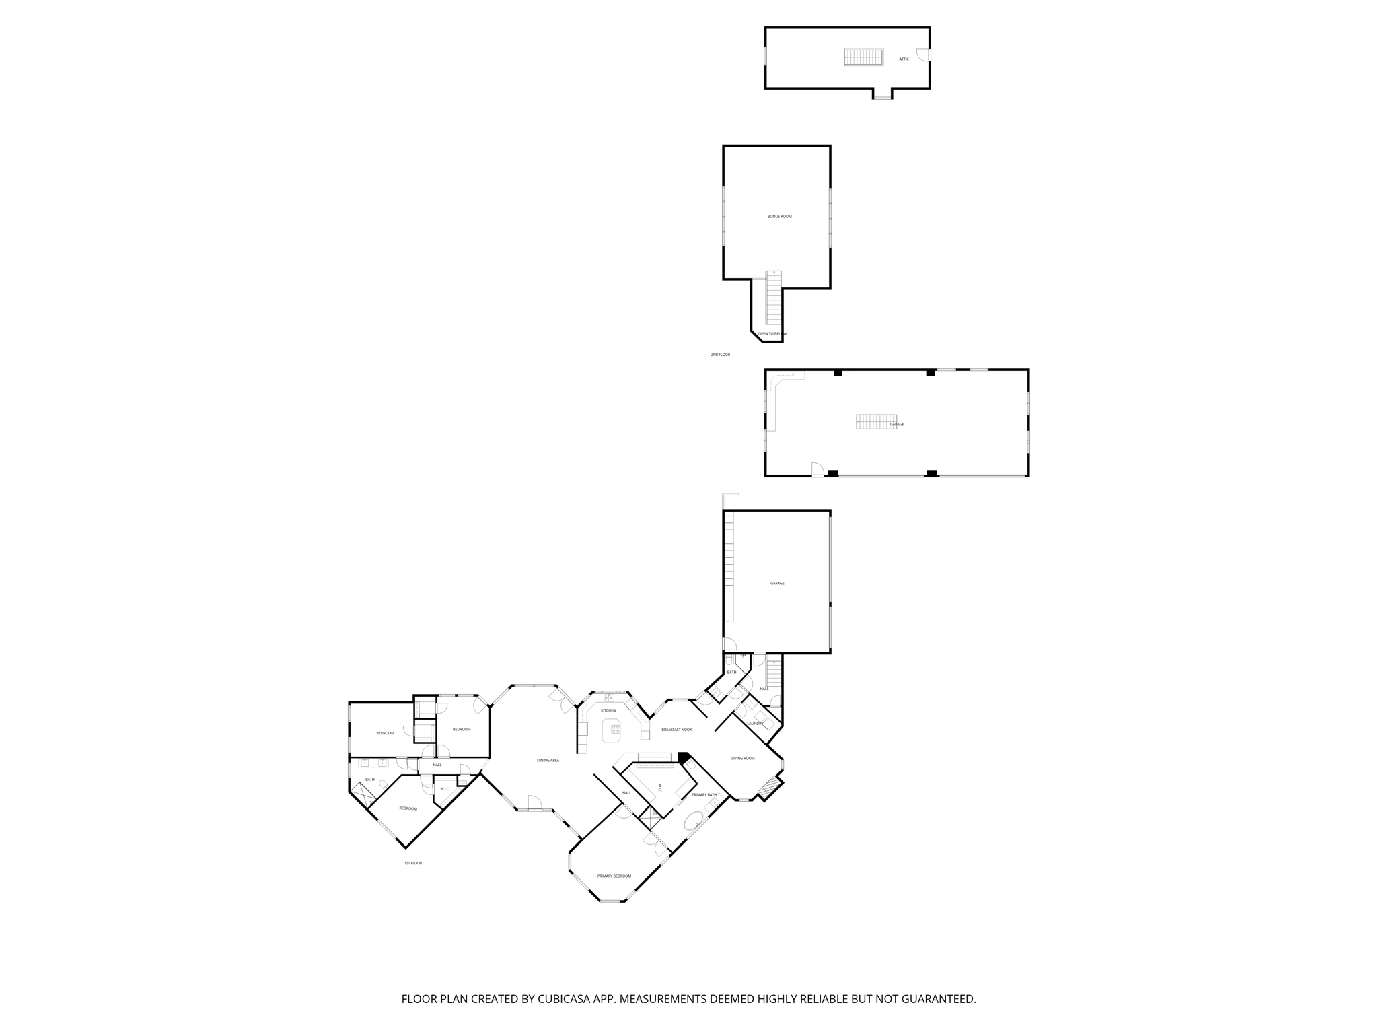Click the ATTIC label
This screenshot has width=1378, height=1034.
(x=904, y=59)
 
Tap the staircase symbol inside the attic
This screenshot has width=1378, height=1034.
(x=864, y=57)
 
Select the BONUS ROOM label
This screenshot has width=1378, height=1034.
(x=779, y=217)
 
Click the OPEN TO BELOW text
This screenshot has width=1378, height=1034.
(x=772, y=334)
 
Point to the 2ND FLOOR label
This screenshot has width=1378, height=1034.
(x=720, y=355)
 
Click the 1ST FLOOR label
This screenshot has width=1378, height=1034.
(x=412, y=863)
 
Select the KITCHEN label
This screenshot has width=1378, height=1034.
(x=608, y=710)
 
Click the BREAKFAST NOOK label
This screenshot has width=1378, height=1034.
(x=676, y=730)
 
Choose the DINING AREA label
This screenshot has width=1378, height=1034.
(x=548, y=761)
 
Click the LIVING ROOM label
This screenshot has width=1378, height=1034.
(x=743, y=759)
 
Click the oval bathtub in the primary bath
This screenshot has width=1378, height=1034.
(x=693, y=822)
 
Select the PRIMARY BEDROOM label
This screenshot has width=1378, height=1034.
(x=614, y=876)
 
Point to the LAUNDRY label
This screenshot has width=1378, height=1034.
(x=755, y=724)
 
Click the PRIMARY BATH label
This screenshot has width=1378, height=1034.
(x=704, y=795)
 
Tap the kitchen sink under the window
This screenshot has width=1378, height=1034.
(x=609, y=698)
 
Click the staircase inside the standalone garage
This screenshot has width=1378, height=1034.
(x=876, y=422)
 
